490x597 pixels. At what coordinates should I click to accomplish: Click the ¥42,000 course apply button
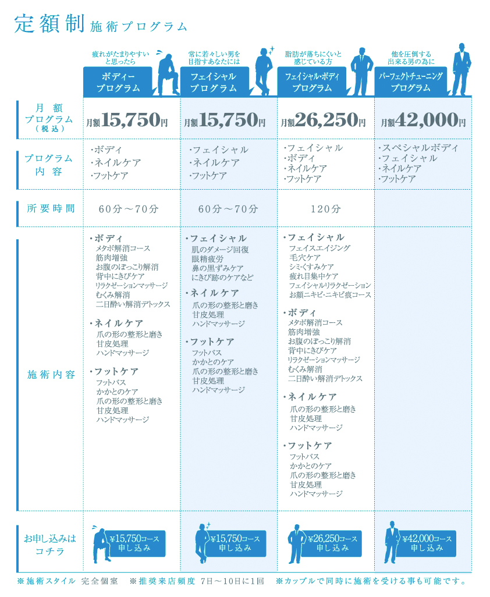[x=427, y=543]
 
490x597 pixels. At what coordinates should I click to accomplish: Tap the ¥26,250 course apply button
[x=332, y=543]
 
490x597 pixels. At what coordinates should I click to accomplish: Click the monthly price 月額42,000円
[x=423, y=120]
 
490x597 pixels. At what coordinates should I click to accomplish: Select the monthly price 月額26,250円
[x=323, y=120]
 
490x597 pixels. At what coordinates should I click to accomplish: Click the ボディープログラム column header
[x=118, y=82]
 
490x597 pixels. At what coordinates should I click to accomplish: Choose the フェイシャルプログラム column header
[x=214, y=82]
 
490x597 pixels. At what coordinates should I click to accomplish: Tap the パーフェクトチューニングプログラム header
[x=410, y=82]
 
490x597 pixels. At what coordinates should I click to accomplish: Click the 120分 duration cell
[x=325, y=209]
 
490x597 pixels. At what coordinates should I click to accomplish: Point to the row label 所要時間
[x=51, y=208]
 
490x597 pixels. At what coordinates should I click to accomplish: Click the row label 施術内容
[x=51, y=375]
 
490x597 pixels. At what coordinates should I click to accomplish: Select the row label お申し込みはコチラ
[x=50, y=545]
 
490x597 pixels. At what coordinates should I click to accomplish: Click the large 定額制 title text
[x=49, y=24]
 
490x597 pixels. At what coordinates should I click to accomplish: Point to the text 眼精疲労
[x=208, y=259]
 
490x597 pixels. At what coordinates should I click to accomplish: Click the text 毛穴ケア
[x=305, y=257]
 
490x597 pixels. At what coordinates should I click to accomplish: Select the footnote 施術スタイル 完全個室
[x=68, y=581]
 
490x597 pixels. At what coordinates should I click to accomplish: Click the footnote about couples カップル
[x=371, y=581]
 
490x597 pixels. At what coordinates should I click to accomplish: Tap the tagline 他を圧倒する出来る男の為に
[x=411, y=58]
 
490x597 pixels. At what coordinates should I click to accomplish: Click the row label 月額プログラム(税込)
[x=49, y=118]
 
